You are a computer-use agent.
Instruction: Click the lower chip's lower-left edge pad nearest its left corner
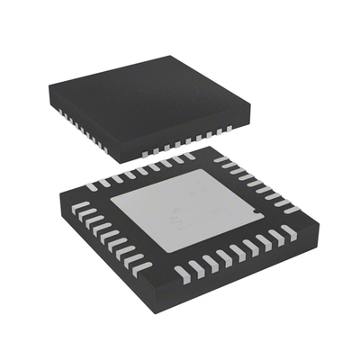pyautogui.click(x=79, y=208)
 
